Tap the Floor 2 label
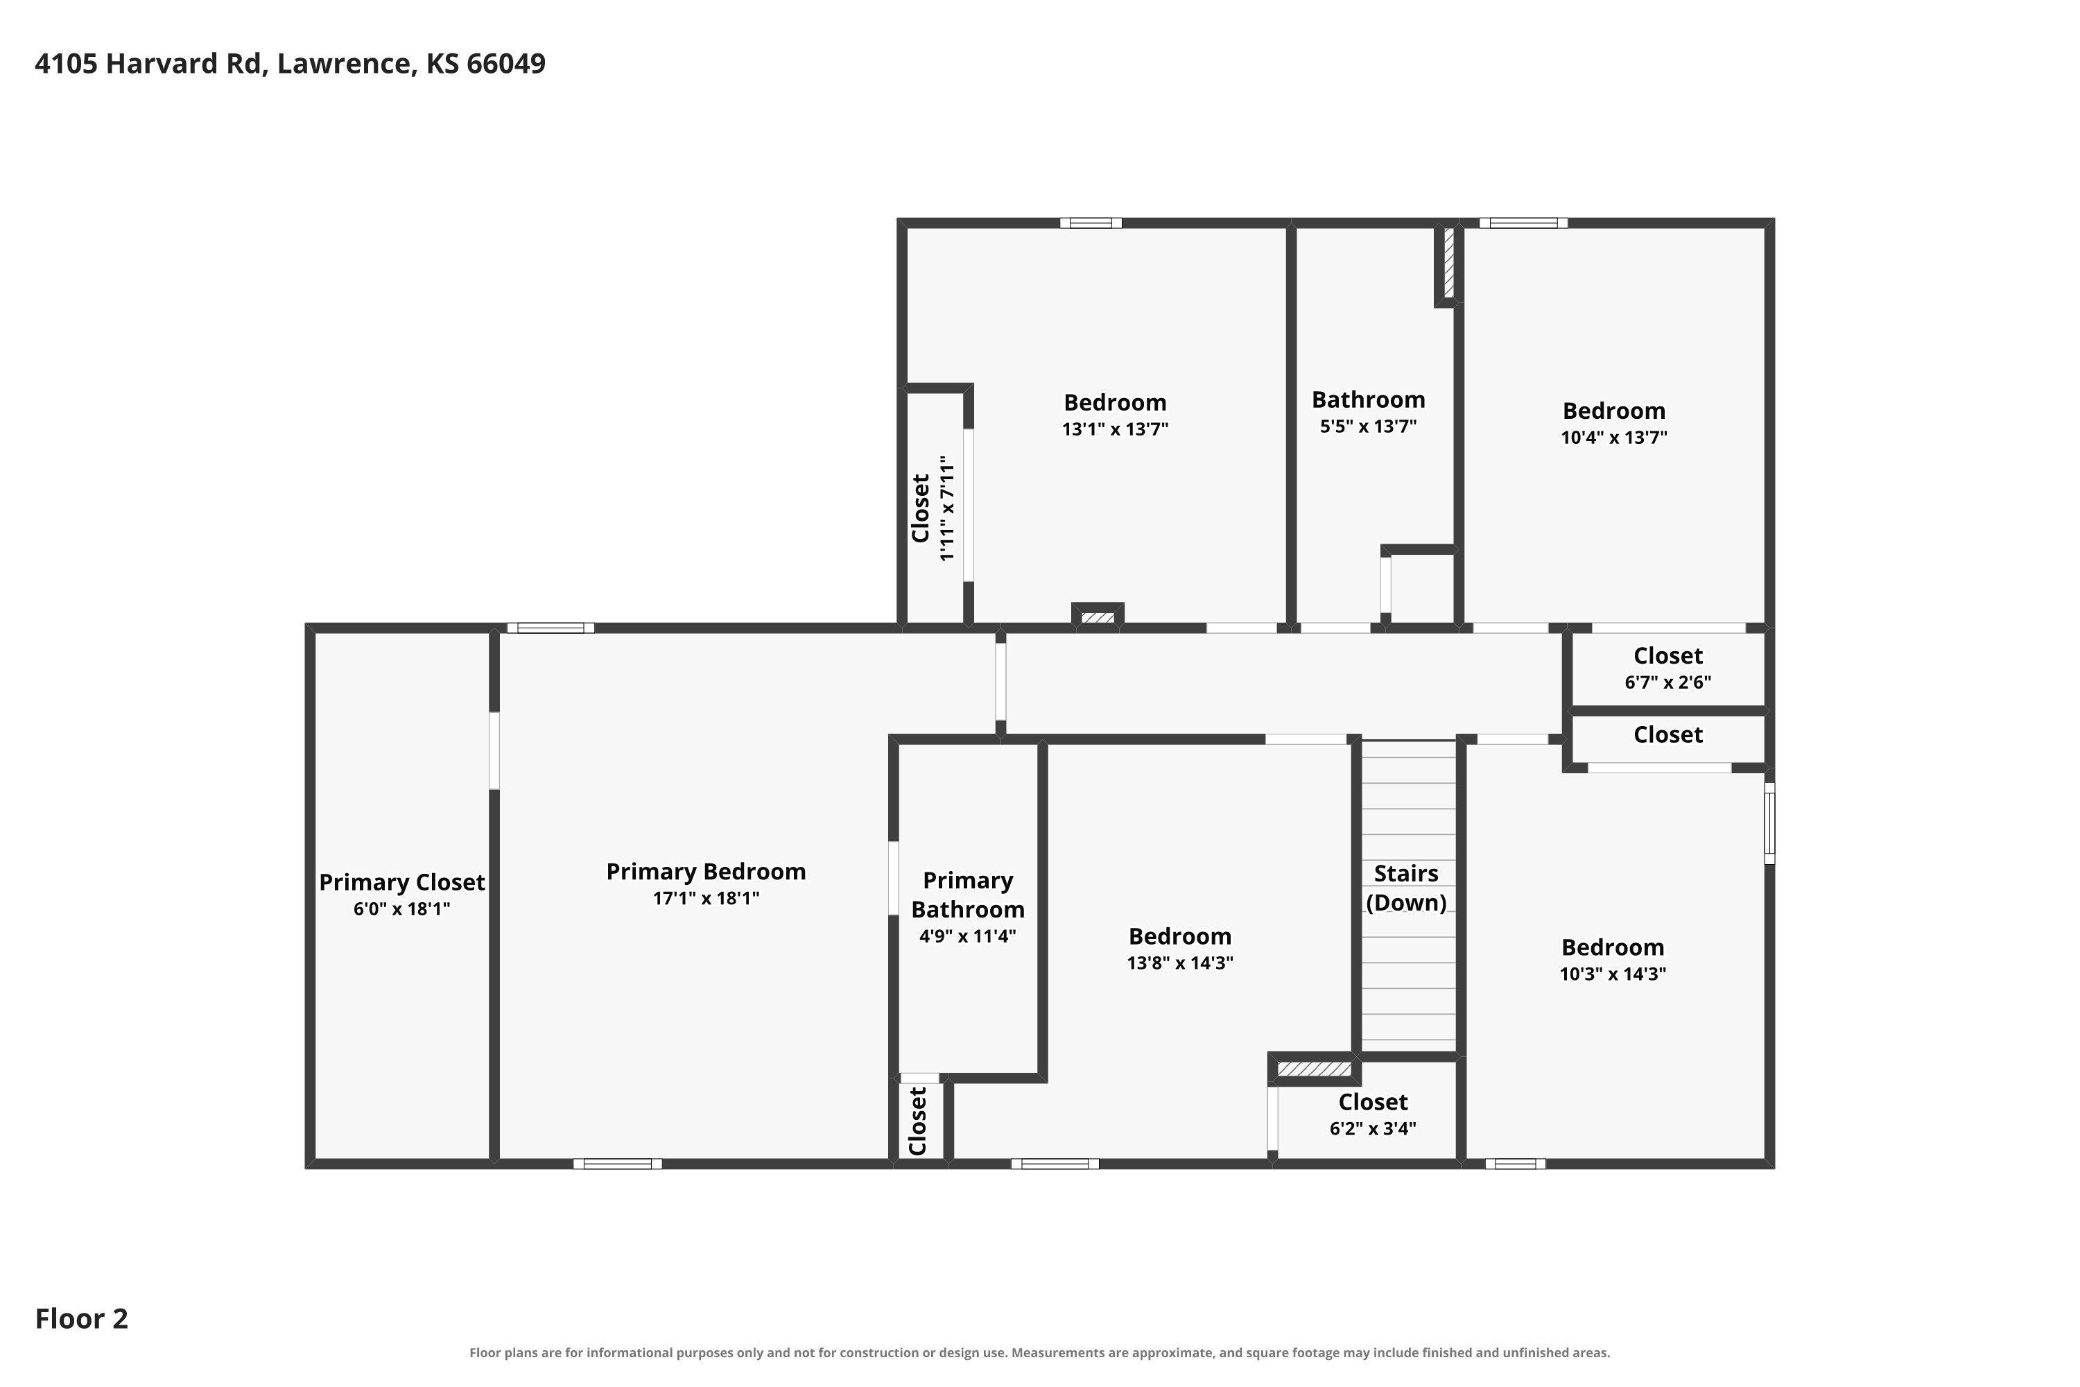pos(81,1319)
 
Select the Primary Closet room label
pos(401,882)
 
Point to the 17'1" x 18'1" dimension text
pos(706,898)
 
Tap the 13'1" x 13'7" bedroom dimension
pos(1115,429)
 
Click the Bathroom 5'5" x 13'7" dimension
pos(1368,427)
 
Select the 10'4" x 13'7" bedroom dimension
pos(1614,437)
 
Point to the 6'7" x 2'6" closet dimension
pos(1668,682)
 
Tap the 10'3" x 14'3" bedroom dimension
pos(1613,974)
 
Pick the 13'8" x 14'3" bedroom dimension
pos(1180,963)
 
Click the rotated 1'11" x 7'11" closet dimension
pos(947,508)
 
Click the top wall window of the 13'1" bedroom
pos(1091,223)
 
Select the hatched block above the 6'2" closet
pos(1314,1069)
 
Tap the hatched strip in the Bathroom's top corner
pos(1448,263)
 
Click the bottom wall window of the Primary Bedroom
pos(617,1163)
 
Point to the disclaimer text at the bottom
pos(1039,1352)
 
